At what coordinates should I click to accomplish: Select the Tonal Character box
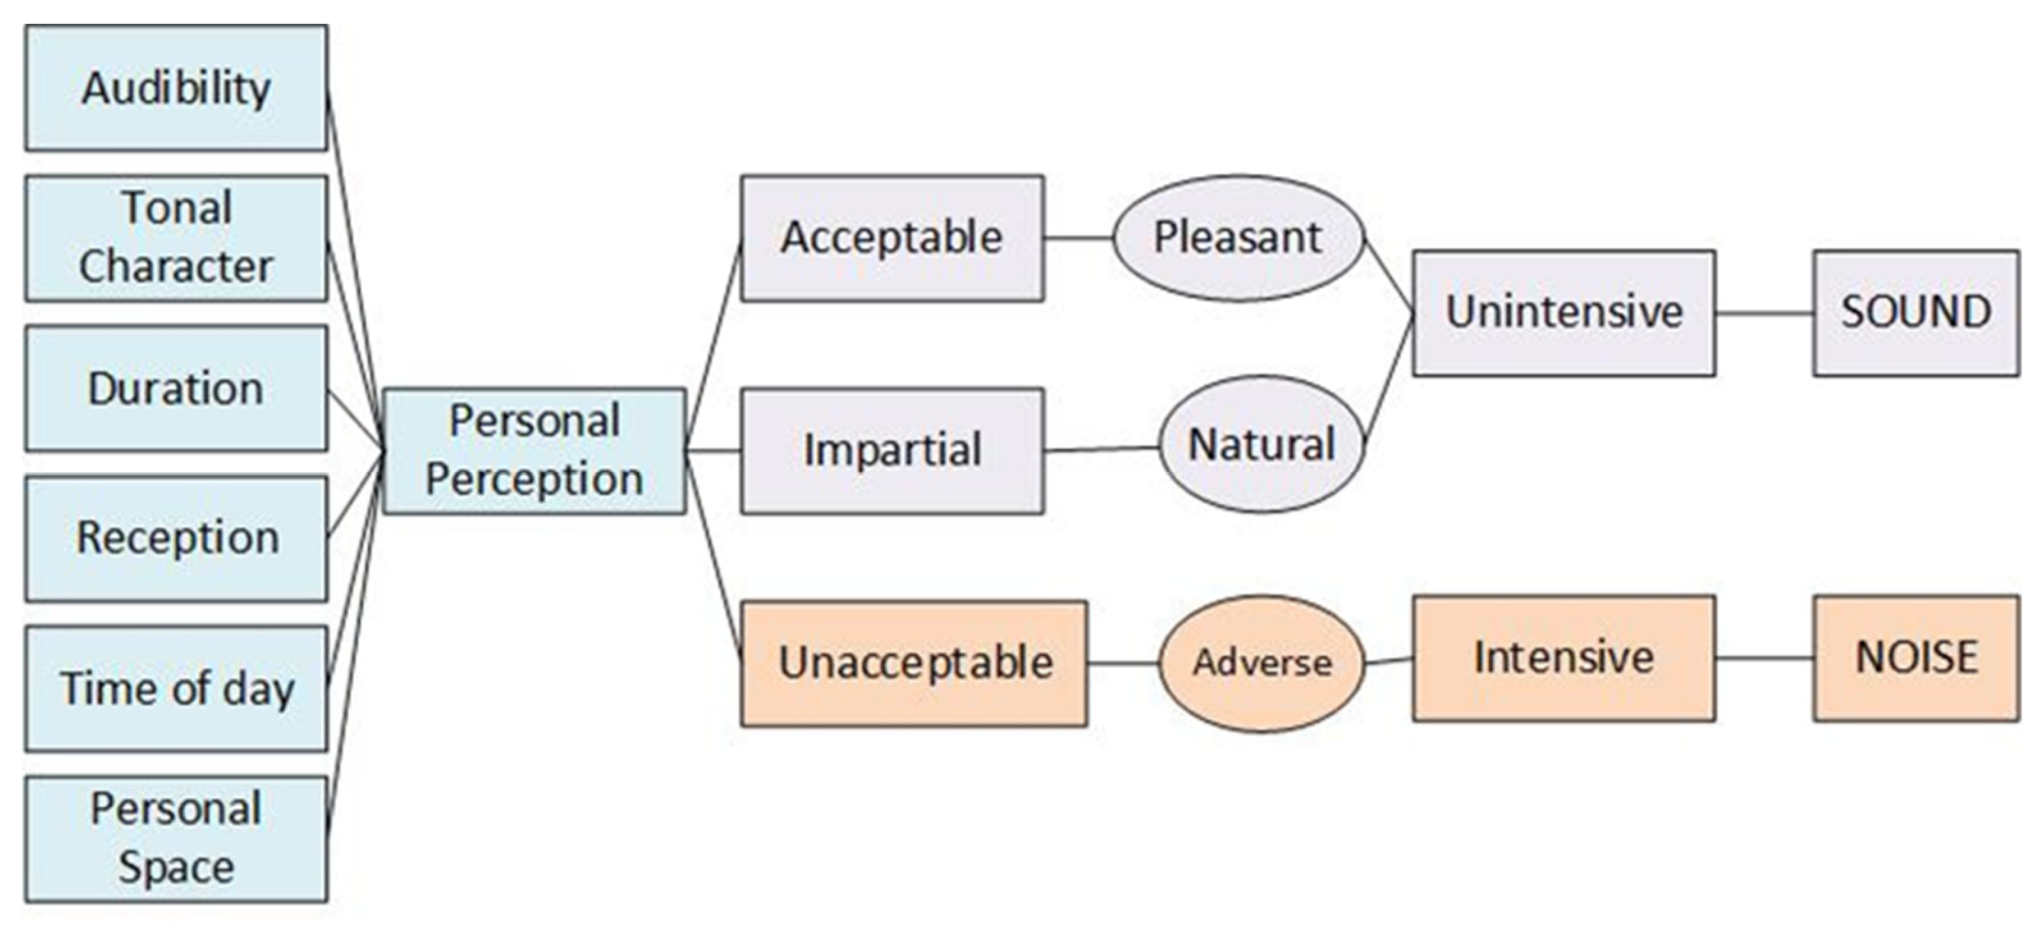tap(176, 238)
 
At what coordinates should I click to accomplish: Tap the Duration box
tap(176, 388)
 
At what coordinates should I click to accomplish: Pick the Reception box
tap(176, 538)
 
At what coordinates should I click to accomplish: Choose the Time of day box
tap(176, 688)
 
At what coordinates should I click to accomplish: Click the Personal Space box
tap(176, 838)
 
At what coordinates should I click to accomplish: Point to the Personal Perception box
tap(534, 451)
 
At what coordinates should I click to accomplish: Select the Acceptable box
tap(892, 238)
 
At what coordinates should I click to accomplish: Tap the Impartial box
tap(892, 451)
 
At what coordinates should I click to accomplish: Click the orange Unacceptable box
tap(914, 663)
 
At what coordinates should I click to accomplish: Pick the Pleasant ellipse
tap(1238, 238)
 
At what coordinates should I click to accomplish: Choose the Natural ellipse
tap(1261, 445)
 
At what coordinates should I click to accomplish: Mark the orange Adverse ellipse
tap(1261, 663)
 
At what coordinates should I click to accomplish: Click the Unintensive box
tap(1563, 313)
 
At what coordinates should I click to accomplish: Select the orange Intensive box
tap(1563, 658)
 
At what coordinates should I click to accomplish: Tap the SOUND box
tap(1915, 313)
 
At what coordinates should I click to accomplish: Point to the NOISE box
tap(1915, 658)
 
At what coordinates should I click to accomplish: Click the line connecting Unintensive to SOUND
tap(1764, 313)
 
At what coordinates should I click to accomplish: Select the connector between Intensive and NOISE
tap(1764, 658)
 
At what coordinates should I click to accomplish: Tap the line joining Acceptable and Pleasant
tap(1078, 237)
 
